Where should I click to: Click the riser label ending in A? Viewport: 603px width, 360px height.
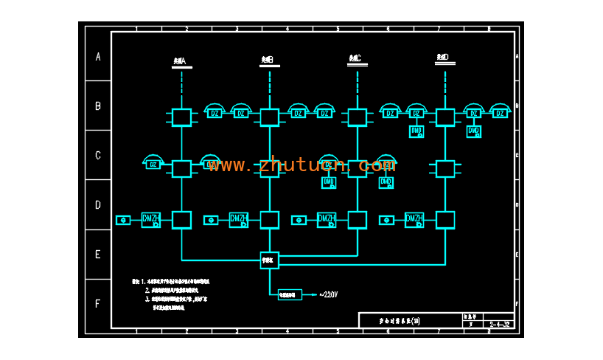180,59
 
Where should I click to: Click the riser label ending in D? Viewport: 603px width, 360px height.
443,57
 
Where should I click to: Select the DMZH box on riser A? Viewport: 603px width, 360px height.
151,220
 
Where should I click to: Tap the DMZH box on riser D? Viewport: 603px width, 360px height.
414,220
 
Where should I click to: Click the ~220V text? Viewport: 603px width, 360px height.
328,294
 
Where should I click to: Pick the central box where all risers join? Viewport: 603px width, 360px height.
269,260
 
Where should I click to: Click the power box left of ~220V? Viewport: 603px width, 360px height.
290,294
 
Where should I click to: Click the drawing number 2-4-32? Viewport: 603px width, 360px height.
499,324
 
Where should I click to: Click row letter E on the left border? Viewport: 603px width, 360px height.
97,255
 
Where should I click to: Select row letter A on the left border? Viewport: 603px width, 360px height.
97,56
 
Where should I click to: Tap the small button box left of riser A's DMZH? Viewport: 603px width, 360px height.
123,220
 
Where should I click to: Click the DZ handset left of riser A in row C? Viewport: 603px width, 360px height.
153,163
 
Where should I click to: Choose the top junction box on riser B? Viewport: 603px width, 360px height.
269,117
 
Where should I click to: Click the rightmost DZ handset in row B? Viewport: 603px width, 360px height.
500,112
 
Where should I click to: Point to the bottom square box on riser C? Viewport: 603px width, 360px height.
357,220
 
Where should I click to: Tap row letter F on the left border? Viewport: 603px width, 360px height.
97,303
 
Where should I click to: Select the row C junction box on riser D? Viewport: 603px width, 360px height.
445,169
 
